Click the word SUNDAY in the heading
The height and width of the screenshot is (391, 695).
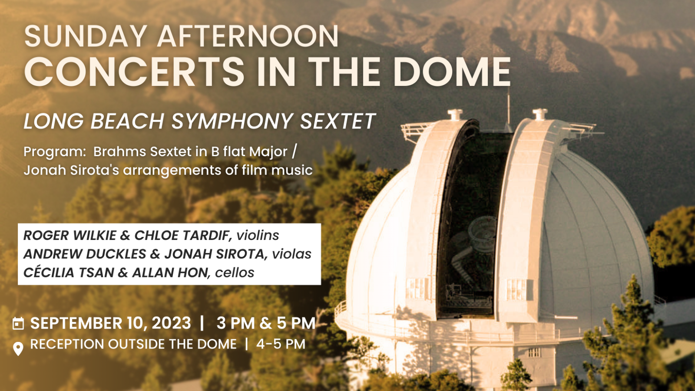click(x=85, y=36)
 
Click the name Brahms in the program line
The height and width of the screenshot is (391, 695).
click(x=120, y=151)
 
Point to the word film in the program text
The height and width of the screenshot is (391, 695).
click(x=254, y=170)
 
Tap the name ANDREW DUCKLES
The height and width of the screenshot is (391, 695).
click(x=85, y=254)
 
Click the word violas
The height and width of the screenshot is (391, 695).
click(x=291, y=254)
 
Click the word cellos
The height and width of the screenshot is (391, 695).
click(x=235, y=273)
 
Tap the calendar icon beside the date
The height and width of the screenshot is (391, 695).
click(x=18, y=323)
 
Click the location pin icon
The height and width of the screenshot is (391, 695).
click(x=18, y=348)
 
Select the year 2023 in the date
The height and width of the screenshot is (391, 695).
click(x=171, y=323)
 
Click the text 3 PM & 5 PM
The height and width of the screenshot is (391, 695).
click(x=266, y=323)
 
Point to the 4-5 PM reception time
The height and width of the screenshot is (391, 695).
click(x=281, y=344)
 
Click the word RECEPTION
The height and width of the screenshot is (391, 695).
click(x=67, y=344)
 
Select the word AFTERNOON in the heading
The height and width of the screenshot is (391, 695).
click(x=248, y=36)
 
